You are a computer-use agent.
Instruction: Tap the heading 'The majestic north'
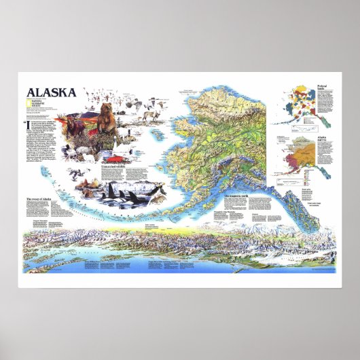pos(238,197)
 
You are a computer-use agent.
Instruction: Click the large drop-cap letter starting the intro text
pos(28,126)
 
